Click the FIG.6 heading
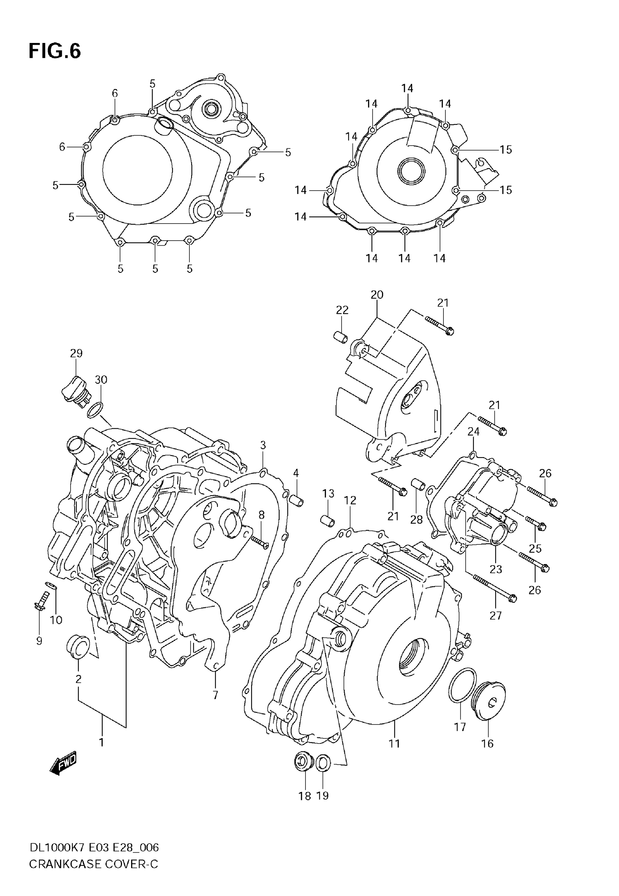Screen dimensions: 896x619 pos(55,51)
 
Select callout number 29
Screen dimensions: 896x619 pos(76,353)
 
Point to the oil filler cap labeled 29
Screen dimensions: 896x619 pos(75,392)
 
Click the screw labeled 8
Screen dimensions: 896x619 pos(260,542)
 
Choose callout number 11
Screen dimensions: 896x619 pos(394,743)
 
